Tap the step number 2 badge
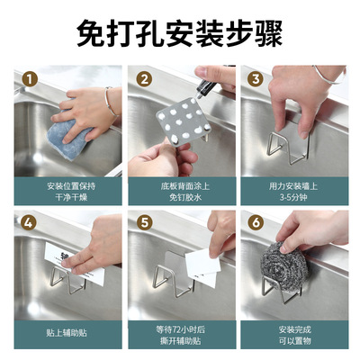tap(144, 79)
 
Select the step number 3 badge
tap(256, 79)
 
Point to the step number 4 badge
tap(29, 223)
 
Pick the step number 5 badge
tap(144, 223)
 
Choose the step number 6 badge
tap(256, 223)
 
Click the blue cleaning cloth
tap(69, 135)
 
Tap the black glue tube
tap(206, 86)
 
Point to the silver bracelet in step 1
tap(111, 102)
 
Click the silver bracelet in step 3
tap(330, 76)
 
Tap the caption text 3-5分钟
tap(293, 197)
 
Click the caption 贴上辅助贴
tap(67, 333)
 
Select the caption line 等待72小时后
tap(181, 330)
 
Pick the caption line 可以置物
tap(295, 341)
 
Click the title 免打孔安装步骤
tap(180, 33)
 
